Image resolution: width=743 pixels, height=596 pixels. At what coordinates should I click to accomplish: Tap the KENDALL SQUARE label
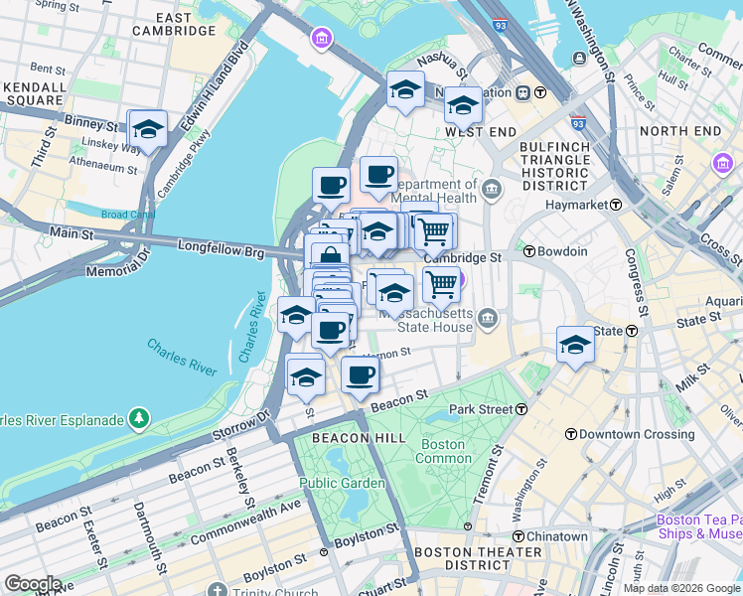(34, 94)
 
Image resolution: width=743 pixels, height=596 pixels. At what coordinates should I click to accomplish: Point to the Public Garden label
(343, 484)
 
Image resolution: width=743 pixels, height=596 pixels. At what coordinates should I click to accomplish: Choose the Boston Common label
(443, 451)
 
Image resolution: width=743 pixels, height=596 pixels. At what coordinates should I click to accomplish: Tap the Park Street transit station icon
(520, 409)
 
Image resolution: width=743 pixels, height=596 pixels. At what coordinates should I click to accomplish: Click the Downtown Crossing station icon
(571, 434)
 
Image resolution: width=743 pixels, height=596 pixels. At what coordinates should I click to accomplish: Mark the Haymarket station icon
(616, 205)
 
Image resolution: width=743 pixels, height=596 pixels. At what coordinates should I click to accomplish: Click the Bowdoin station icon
(530, 251)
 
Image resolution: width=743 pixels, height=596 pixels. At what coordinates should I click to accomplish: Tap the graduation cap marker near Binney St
(148, 128)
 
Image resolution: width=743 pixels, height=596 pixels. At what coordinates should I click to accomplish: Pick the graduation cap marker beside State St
(575, 344)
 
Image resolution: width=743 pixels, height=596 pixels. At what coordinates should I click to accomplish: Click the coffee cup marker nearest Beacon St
(360, 375)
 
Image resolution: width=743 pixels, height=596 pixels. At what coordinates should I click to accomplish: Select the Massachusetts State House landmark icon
(487, 318)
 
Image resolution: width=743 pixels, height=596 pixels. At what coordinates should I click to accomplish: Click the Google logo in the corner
(33, 584)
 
